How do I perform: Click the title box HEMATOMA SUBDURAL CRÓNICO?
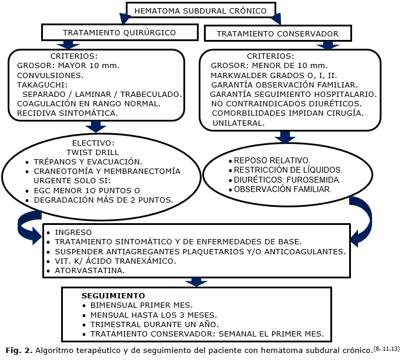tap(200, 11)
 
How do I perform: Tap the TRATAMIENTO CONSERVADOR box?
tap(277, 33)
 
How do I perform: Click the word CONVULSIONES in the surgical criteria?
tap(50, 75)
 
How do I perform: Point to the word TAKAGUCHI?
tap(41, 85)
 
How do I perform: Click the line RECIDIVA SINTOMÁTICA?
tap(68, 112)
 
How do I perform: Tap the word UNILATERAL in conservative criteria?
tap(238, 123)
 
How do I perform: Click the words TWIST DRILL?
tap(93, 152)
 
